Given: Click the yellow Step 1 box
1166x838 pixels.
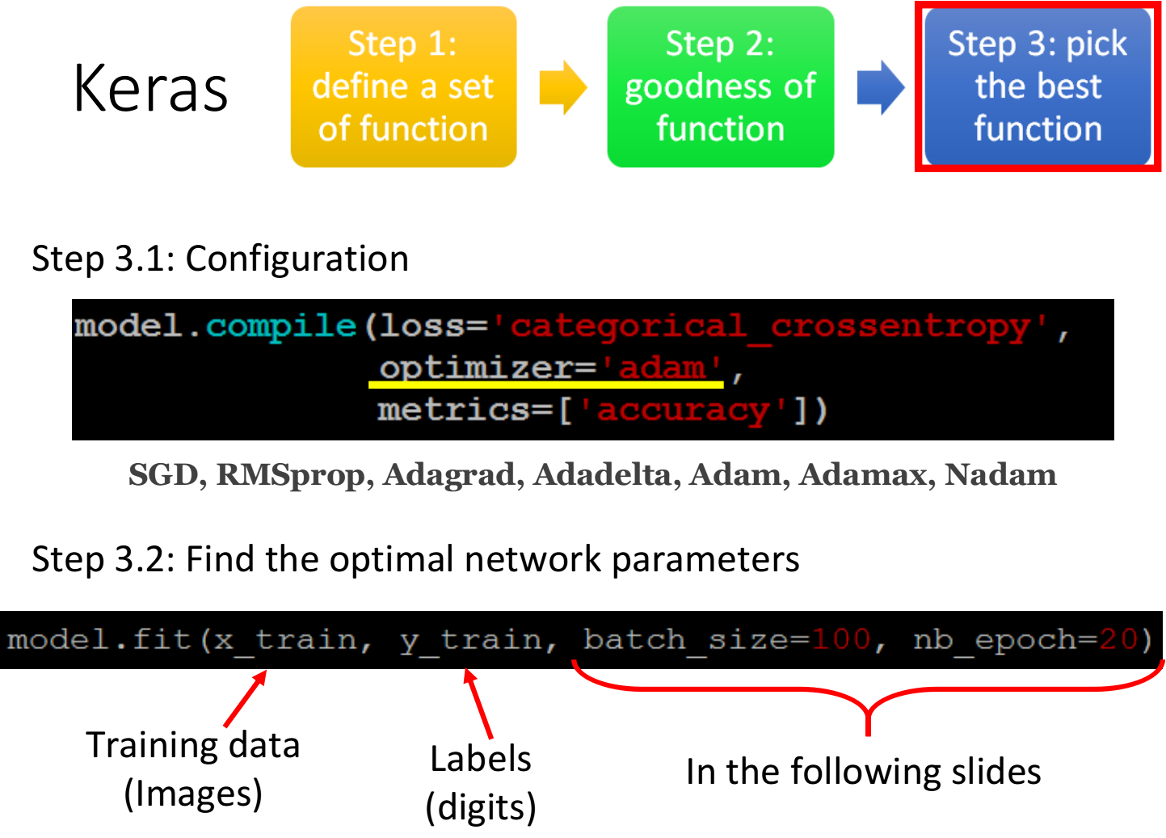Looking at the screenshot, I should pos(403,87).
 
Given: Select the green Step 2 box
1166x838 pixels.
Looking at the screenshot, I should pos(720,87).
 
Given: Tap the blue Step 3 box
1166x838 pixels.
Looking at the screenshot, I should pos(1038,87).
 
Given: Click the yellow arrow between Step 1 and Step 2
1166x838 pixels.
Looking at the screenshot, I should pos(562,87).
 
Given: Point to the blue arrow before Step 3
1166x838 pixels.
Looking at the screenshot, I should pos(880,87).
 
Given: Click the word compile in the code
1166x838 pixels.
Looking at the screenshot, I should pos(280,326).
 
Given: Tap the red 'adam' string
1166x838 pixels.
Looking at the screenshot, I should pos(662,368).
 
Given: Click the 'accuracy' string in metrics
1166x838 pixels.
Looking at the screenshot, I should pos(683,411).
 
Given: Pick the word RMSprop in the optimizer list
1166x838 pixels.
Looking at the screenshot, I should pos(291,475).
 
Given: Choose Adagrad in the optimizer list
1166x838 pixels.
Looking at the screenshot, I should pos(449,475).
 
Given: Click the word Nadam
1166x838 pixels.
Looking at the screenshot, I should pos(1000,475).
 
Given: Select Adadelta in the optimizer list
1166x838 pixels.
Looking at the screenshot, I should pos(602,475).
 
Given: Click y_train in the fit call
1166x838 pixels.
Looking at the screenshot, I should pos(471,640).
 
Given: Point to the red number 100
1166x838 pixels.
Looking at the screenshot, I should pos(841,640).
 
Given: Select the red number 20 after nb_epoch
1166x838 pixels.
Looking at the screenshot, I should pos(1118,640).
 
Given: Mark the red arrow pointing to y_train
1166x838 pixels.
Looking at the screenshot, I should pos(478,704).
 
